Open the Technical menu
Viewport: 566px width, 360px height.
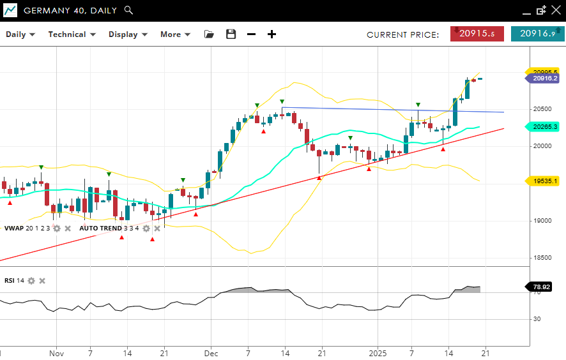pos(72,34)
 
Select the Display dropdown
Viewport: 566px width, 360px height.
pos(128,34)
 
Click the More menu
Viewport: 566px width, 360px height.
pos(175,34)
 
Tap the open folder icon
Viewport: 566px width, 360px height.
pos(210,34)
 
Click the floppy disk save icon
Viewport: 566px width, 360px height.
pos(231,34)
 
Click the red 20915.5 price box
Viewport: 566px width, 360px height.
pos(477,34)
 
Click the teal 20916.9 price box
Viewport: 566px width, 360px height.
pos(537,34)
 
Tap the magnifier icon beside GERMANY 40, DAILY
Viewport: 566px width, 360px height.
pos(128,10)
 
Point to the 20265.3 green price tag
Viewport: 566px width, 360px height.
pos(545,127)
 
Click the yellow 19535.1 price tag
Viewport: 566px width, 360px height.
pos(545,181)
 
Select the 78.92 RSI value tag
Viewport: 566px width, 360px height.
pos(542,287)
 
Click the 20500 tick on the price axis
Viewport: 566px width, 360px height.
pos(543,109)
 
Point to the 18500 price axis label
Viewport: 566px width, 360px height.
pos(543,258)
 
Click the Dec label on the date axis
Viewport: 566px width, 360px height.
pos(211,353)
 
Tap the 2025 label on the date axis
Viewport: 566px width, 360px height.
pos(378,353)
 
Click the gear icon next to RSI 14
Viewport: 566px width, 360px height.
pos(31,281)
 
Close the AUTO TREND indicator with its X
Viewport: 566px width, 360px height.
pos(157,228)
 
